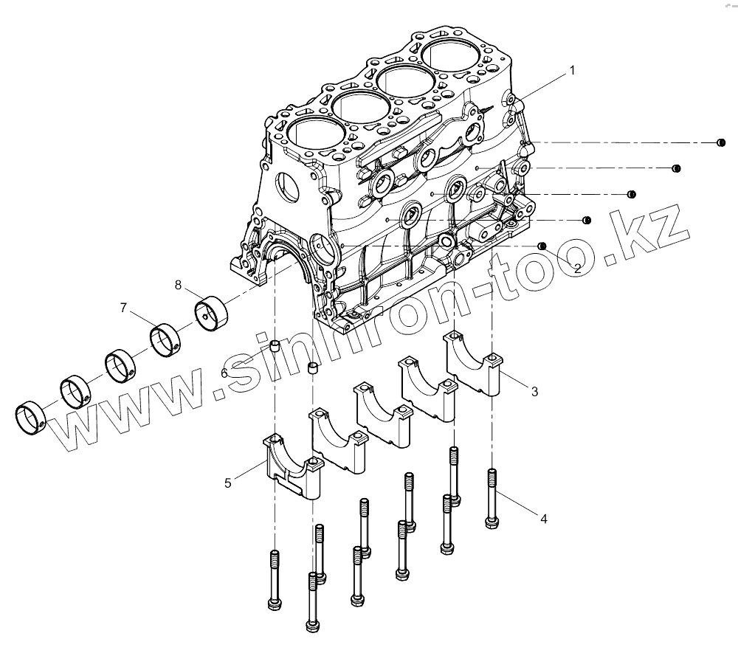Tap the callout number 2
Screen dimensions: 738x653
click(x=577, y=269)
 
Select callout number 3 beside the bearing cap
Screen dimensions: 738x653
click(x=534, y=391)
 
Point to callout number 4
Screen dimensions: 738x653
click(x=543, y=519)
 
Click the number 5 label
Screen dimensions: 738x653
click(x=228, y=483)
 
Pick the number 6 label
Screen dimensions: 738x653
click(x=224, y=373)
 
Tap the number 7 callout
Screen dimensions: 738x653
click(x=123, y=307)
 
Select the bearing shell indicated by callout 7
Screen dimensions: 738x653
click(x=167, y=339)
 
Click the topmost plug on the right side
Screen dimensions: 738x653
click(x=722, y=142)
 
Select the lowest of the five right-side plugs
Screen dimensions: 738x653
click(x=542, y=246)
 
